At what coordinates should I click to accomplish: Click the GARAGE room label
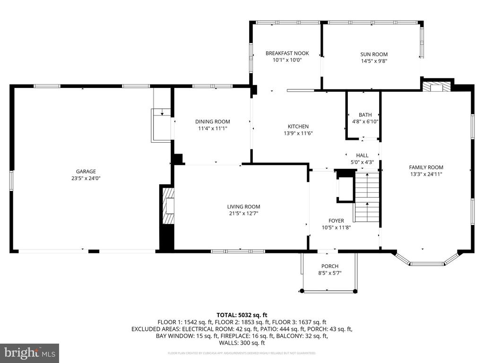point(86,172)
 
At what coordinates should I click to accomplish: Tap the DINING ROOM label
point(213,121)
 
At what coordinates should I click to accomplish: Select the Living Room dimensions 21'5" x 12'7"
point(243,213)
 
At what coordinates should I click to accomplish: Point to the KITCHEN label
point(298,126)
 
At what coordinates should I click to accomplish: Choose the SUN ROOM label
point(374,54)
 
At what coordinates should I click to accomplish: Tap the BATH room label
point(365,115)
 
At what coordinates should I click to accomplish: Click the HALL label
point(362,156)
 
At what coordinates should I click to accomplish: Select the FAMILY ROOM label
point(426,167)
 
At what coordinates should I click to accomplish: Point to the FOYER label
point(336,221)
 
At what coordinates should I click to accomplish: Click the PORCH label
point(330,266)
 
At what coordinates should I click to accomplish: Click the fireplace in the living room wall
point(168,207)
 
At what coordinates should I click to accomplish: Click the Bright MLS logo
point(29,353)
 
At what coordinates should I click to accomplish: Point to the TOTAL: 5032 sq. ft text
point(242,315)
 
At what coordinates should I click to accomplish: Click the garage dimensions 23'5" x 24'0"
point(86,179)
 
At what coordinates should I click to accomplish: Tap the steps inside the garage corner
point(161,124)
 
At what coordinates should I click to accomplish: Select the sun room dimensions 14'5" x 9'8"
point(374,61)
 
